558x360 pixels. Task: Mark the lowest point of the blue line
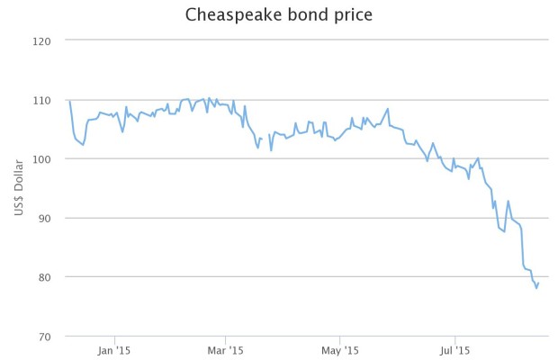coord(536,288)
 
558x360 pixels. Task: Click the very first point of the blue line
coord(69,101)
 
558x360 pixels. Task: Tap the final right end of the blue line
coord(539,283)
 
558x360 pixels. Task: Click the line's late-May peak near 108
coord(388,109)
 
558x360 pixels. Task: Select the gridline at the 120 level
coord(306,40)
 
